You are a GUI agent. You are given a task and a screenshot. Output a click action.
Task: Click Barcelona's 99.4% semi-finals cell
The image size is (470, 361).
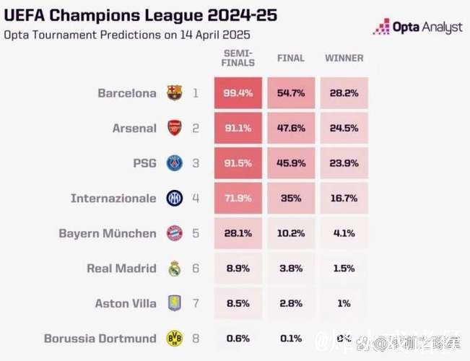click(x=238, y=93)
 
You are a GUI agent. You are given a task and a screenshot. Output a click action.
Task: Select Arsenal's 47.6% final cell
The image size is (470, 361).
click(x=290, y=129)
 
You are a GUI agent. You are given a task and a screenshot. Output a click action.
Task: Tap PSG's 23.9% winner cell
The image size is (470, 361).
click(x=344, y=163)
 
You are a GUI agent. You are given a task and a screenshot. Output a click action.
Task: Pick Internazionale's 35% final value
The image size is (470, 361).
click(x=290, y=199)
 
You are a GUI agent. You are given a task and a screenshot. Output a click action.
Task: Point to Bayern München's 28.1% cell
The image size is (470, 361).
click(x=238, y=233)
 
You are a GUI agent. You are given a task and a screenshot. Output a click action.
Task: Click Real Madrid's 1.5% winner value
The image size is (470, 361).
click(x=344, y=269)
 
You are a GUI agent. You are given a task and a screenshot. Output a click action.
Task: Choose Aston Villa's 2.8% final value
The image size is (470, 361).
click(x=290, y=303)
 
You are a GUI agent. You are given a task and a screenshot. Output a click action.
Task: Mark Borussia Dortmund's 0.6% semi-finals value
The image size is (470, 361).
click(x=238, y=338)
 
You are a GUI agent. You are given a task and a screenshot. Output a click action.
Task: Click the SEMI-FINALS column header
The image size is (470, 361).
click(x=239, y=58)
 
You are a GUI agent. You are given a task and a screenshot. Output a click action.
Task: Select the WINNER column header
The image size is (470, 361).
click(x=344, y=58)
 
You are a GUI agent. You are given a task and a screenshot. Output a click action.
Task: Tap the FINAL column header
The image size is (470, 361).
click(x=291, y=58)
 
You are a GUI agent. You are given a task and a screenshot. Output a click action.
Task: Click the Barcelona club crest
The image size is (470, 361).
click(x=174, y=93)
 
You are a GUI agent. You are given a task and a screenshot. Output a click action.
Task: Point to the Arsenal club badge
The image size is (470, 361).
click(x=174, y=129)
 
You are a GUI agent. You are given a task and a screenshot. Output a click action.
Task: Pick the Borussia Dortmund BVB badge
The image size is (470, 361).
click(x=174, y=338)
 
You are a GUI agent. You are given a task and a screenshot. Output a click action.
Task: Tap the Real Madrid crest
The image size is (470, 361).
click(x=174, y=269)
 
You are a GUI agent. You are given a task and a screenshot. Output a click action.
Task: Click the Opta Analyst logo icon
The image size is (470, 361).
click(x=382, y=27)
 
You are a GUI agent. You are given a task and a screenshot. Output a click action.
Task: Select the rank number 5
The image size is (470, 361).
click(x=196, y=233)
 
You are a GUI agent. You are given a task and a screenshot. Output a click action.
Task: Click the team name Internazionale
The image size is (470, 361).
click(x=113, y=199)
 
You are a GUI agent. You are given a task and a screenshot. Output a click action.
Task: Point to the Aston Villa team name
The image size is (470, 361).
click(x=126, y=303)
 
